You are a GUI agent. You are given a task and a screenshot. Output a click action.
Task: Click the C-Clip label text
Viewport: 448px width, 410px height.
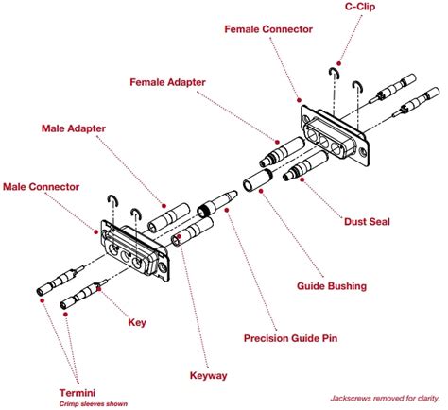(x=360, y=7)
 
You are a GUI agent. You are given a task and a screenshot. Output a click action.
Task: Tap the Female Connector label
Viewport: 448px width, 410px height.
(x=268, y=29)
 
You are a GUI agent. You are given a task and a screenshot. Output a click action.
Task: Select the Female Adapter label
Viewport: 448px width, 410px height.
(x=167, y=82)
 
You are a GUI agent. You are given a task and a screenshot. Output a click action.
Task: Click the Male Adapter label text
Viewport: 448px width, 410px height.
(x=74, y=128)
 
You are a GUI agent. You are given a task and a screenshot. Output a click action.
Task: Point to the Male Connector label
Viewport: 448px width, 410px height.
(x=41, y=187)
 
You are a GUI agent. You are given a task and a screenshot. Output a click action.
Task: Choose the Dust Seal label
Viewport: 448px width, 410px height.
(x=367, y=221)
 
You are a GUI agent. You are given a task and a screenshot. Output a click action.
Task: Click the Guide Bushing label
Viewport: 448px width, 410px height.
(x=332, y=286)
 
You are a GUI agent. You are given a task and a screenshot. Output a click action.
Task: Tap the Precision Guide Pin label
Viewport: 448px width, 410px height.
(x=290, y=338)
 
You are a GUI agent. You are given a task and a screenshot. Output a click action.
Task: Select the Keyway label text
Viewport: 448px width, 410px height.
(x=208, y=376)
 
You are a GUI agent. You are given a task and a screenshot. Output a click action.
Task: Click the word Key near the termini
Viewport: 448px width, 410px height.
(x=137, y=322)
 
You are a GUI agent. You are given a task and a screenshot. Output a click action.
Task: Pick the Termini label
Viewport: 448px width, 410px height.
(x=78, y=393)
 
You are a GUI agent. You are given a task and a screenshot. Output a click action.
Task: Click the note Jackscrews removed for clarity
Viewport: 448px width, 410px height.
(x=385, y=399)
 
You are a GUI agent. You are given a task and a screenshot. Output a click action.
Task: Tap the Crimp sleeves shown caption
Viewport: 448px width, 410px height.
(x=94, y=404)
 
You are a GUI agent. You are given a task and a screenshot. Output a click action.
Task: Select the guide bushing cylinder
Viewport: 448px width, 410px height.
(x=257, y=180)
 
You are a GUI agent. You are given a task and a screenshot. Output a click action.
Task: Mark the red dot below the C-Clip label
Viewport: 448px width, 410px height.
(x=338, y=63)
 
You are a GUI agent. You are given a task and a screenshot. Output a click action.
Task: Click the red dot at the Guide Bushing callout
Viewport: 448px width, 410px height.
(x=261, y=191)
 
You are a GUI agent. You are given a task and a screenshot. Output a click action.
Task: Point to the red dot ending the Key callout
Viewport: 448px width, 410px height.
(x=99, y=289)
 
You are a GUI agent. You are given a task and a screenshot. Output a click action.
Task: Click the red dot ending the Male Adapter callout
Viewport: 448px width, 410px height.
(x=164, y=206)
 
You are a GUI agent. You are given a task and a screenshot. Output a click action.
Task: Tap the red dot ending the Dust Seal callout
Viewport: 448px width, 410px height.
(x=302, y=179)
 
